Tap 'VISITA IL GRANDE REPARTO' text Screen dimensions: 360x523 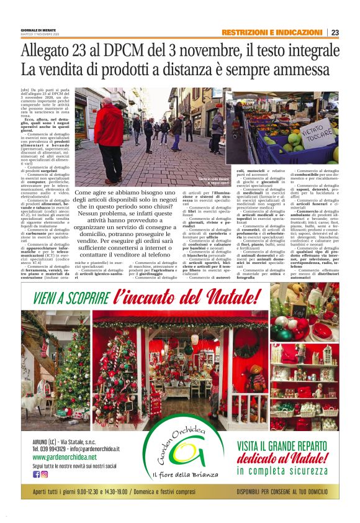[292, 445]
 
